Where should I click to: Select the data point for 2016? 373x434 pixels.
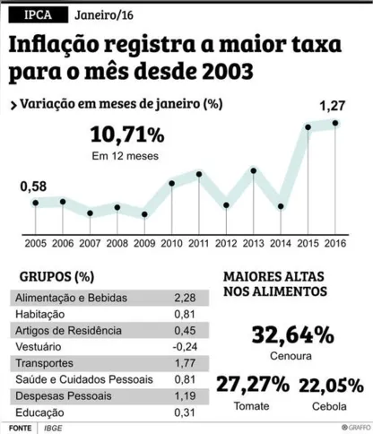336,123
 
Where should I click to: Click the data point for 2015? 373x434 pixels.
308,127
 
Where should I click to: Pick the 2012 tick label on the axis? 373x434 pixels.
226,243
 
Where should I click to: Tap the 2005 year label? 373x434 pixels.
35,243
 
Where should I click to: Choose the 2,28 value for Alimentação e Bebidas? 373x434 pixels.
184,298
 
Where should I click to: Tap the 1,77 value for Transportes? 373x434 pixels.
184,363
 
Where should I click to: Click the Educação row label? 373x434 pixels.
41,412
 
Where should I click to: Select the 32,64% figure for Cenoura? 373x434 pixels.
293,335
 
